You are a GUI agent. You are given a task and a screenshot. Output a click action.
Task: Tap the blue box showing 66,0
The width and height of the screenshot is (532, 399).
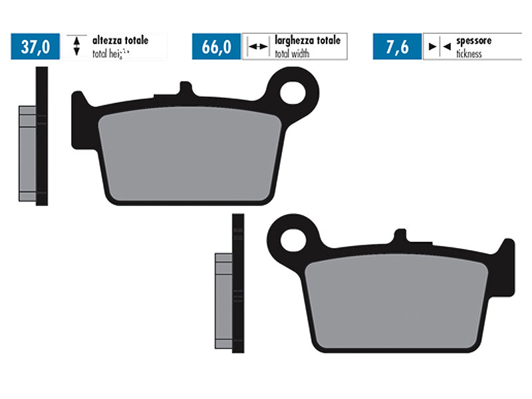coord(216,47)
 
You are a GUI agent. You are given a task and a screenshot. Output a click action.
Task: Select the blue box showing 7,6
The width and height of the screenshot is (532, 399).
coord(397,47)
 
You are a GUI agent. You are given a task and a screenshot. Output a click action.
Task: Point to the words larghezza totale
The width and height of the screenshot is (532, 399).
coord(307,41)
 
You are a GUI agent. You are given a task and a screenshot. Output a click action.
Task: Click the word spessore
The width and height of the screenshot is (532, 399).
coord(473,41)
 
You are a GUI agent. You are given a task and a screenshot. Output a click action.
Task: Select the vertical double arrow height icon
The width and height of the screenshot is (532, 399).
coord(76,46)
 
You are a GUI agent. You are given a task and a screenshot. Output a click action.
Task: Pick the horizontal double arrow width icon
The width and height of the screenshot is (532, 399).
coord(256,47)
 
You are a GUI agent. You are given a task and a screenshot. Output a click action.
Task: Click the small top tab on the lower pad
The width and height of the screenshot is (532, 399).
coord(400,237)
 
